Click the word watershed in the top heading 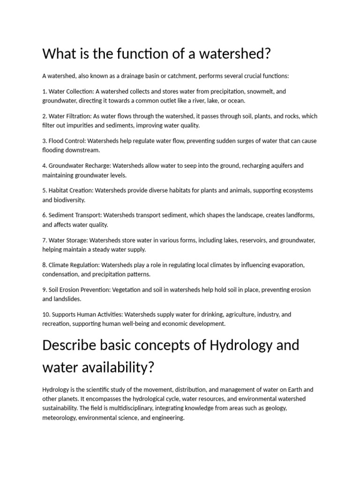tap(232, 53)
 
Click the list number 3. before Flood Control tap(45, 141)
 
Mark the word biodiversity tap(69, 200)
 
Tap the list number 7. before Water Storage tap(45, 240)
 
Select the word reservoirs tap(255, 240)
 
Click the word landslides tap(68, 299)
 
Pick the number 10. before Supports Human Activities tap(46, 314)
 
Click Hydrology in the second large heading tap(241, 345)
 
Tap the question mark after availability tap(151, 367)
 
